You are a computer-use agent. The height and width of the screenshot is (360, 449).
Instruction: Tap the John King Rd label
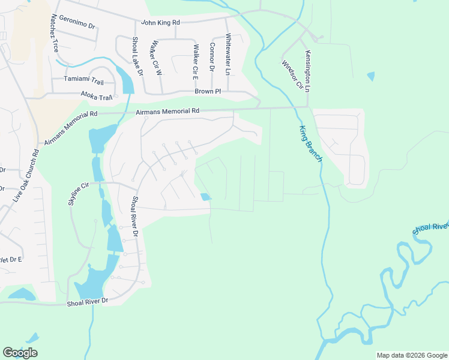tap(160, 23)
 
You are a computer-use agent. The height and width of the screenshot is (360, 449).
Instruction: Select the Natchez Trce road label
tap(55, 33)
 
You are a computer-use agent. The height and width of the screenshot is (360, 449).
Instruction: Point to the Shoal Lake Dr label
tap(137, 56)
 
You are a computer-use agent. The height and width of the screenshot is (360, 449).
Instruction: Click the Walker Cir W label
tap(157, 58)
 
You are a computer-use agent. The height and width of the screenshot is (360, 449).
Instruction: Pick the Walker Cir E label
tap(195, 62)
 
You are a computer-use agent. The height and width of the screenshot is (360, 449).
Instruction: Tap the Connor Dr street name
tap(212, 56)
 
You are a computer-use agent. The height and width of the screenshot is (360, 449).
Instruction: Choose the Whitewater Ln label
tap(228, 54)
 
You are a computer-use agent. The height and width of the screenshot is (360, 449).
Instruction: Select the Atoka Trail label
tap(97, 96)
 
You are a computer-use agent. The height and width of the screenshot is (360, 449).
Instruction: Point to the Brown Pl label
tap(208, 91)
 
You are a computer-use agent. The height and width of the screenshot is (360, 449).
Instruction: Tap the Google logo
tap(20, 353)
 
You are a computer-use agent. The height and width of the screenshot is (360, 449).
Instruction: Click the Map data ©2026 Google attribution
tap(411, 355)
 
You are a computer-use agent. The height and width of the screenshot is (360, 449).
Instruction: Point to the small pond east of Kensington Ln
tap(370, 76)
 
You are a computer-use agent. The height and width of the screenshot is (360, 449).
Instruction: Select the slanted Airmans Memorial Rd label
tap(71, 128)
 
